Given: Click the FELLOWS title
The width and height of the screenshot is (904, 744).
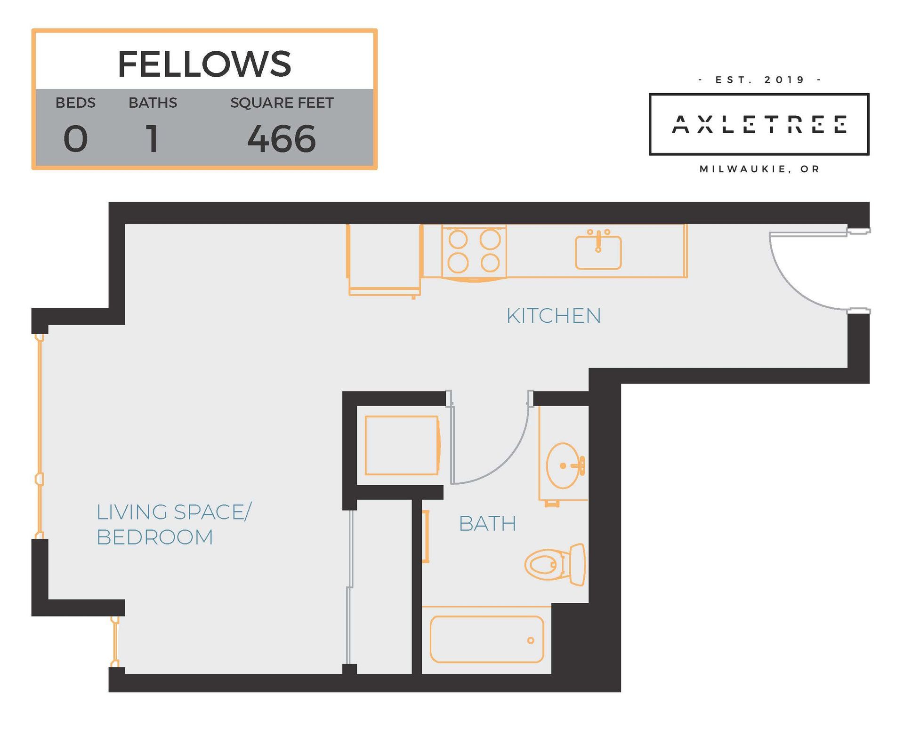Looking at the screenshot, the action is pos(204,64).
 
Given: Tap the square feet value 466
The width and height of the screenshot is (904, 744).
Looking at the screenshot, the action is pos(282,139).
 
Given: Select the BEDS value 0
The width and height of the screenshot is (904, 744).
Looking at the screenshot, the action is pos(75,139).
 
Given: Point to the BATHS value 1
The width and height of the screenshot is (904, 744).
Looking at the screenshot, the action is pos(152,139).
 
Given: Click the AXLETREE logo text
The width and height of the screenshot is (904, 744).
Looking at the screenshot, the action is pos(759,124).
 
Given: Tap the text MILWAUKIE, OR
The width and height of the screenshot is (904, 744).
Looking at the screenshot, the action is pos(760,169).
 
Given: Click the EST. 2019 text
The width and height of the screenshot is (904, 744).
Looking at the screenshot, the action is pos(760,80).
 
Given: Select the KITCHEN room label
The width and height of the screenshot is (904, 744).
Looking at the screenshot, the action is pos(554,316).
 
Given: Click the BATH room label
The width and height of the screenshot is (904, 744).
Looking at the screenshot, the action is pos(487,523).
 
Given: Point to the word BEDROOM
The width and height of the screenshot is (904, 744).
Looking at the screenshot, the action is pos(155,537).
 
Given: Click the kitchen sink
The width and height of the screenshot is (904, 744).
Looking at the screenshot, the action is pos(598,250).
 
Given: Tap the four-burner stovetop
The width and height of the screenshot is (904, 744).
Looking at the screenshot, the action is pos(474,251).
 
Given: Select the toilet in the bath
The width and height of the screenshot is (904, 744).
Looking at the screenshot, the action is pos(556,564).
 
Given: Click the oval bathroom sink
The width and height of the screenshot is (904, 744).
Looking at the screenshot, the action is pos(563,465).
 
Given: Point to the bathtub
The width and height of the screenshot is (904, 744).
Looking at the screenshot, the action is pos(487,640).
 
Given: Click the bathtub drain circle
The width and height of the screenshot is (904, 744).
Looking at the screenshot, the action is pos(531,640).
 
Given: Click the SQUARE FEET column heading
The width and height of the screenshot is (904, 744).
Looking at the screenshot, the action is pos(282,103).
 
